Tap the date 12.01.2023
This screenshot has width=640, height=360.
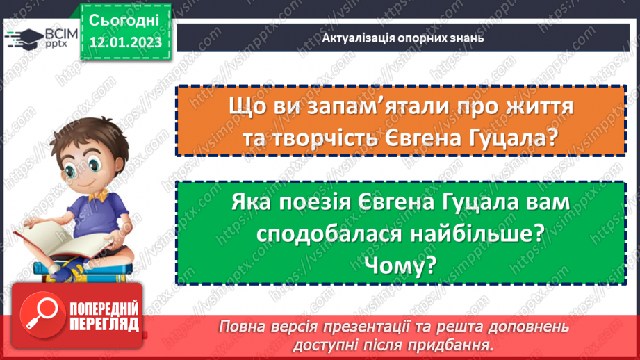[124, 42]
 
